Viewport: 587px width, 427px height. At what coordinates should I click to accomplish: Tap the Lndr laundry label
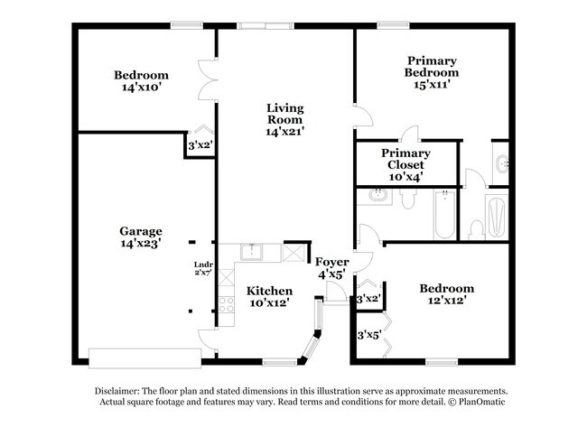[203, 265]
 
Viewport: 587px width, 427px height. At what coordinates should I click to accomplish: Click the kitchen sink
[252, 252]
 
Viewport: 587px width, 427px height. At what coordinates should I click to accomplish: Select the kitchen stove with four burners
[226, 304]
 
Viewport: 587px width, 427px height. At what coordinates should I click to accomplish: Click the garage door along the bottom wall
[144, 358]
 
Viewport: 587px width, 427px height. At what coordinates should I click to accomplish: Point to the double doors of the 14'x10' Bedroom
[208, 79]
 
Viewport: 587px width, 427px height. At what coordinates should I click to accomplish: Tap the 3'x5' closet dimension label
[368, 335]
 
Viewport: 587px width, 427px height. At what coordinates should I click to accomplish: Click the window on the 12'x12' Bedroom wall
[442, 362]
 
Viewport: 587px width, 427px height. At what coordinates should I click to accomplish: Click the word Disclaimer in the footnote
[116, 391]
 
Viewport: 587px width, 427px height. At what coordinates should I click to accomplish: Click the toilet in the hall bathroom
[407, 200]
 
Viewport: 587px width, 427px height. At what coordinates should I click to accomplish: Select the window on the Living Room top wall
[266, 26]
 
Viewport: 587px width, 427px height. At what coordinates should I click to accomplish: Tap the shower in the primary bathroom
[497, 217]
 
